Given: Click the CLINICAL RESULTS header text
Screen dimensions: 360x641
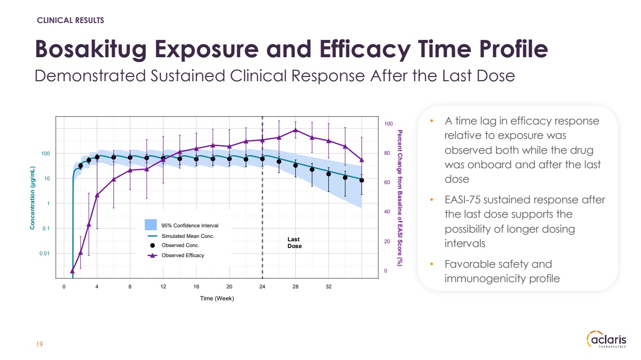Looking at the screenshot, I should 71,20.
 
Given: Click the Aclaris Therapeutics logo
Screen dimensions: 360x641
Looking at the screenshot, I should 607,340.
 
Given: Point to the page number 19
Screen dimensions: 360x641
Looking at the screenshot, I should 40,344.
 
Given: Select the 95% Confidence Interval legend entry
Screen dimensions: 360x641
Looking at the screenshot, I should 189,225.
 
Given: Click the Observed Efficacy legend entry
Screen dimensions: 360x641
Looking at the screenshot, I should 182,255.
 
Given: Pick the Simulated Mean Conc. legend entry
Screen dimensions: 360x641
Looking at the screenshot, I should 188,236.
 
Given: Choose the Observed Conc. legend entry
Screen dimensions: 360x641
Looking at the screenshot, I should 180,246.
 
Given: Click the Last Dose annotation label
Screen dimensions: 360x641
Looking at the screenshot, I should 294,243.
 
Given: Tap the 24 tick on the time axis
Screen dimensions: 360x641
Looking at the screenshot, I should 262,287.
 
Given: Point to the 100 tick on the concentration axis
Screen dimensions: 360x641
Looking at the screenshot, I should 46,154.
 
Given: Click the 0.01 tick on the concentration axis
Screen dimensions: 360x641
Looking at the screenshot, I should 44,253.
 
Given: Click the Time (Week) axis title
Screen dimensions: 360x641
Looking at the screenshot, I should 217,298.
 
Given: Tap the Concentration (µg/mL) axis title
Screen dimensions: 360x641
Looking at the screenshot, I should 32,198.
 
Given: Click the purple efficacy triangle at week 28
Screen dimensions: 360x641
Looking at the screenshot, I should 295,130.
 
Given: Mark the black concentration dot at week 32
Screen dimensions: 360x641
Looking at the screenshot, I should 328,174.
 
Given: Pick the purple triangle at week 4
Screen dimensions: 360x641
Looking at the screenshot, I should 97,195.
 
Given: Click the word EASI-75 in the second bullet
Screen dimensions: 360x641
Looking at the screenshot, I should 462,199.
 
